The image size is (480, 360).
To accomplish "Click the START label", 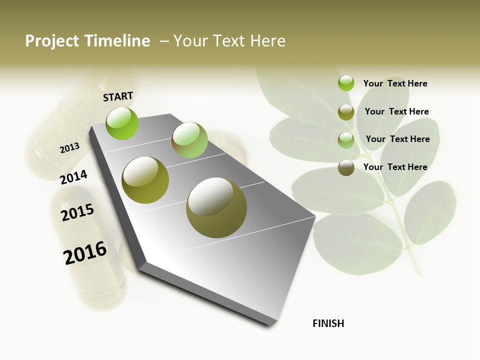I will coord(118,96).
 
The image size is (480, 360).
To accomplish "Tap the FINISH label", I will coord(328,323).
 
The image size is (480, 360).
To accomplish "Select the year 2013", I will coord(69,148).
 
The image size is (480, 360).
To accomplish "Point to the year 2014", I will coord(73,177).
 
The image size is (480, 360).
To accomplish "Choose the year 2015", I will coord(77,212).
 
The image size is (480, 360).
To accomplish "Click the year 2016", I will coord(85,253).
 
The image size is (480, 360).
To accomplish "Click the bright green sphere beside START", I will coord(122,123).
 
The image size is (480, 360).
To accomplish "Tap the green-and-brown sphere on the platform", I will coord(189,140).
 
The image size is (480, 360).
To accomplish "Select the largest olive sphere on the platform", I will coord(216,207).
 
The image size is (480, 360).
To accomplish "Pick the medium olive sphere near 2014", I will coord(145,180).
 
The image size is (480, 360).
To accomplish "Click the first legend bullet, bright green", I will coord(346,83).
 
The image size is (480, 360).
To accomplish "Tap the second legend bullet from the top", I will coord(346,112).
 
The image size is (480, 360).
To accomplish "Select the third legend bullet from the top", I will coord(346,139).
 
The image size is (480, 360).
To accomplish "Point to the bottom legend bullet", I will coord(346,167).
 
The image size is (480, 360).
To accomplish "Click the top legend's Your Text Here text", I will coord(395,83).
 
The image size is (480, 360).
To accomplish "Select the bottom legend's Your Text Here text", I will coord(395,167).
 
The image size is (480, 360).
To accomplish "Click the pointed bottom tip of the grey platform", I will coord(270,323).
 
